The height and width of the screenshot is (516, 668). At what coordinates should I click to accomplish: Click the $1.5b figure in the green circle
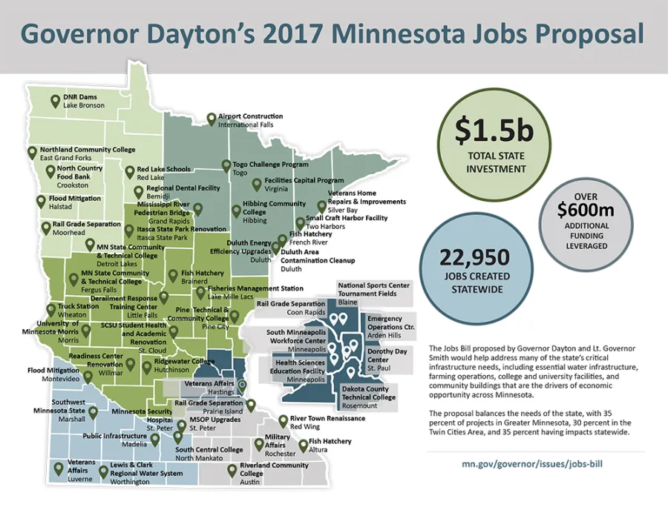point(494,131)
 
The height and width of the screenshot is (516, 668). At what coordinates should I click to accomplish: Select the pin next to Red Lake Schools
point(129,171)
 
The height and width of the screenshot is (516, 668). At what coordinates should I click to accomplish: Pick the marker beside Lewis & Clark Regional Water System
point(103,471)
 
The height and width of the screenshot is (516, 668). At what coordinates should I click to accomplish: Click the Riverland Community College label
point(274,469)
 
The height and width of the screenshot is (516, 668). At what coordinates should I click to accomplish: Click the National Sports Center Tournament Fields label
point(373,288)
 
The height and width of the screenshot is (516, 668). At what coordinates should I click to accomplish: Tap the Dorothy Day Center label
point(387,355)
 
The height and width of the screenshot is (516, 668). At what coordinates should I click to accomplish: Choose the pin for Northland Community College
point(32,152)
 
